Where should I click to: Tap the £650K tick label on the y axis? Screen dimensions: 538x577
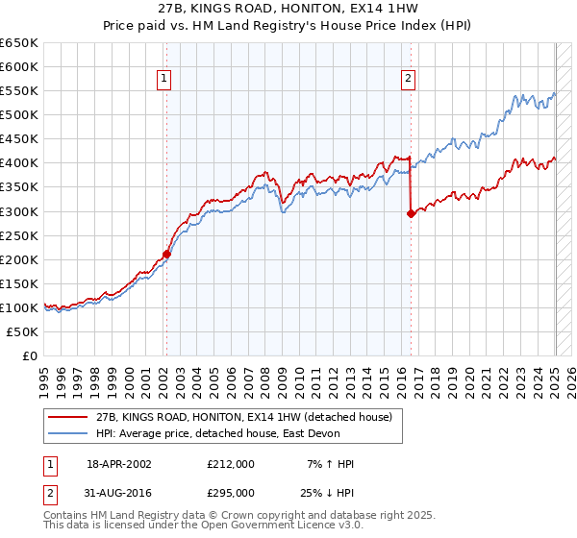[19, 43]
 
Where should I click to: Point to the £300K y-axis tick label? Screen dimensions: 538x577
[19, 211]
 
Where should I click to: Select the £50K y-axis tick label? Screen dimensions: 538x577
[22, 331]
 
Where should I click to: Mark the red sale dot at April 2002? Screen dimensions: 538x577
[166, 254]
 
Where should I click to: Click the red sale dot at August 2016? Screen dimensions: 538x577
[411, 214]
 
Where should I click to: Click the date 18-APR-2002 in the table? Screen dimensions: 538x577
[119, 464]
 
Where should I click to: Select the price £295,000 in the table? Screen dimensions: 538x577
[231, 493]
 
